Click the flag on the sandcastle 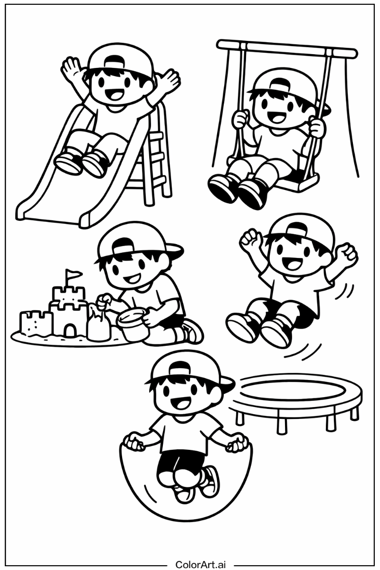click(x=74, y=274)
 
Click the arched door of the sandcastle click(x=68, y=330)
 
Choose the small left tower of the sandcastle click(x=36, y=322)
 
